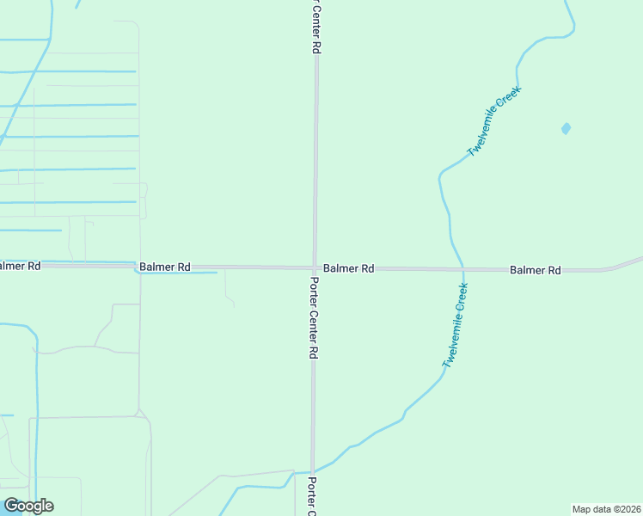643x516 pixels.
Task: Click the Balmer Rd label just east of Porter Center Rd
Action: pos(348,268)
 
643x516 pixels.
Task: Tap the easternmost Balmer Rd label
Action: pos(535,270)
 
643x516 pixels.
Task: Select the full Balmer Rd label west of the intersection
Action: pos(164,267)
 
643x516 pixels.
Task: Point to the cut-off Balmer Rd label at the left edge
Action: pos(20,266)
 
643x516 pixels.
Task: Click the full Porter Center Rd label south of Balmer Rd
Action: pos(315,317)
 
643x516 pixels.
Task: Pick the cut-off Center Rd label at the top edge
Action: pos(315,26)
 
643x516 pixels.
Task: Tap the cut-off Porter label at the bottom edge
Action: pos(312,496)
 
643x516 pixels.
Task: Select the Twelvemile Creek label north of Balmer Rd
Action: pos(494,120)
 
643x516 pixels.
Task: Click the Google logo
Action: pos(28,506)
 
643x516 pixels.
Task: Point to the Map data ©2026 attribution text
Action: pos(606,509)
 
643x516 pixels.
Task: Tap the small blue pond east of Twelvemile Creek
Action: pos(566,129)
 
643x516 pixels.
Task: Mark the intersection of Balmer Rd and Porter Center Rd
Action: pos(315,268)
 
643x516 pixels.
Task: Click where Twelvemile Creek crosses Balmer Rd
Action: pos(462,269)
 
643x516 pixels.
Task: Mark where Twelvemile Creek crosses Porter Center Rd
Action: pos(313,471)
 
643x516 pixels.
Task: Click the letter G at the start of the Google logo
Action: pos(10,506)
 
